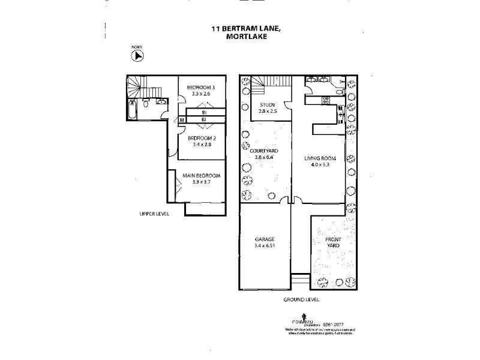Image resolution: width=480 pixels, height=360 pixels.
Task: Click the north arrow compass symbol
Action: (x=138, y=55)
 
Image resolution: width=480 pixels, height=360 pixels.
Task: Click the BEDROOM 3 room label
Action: (x=201, y=87)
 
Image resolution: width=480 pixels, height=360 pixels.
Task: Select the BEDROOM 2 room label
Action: (x=201, y=137)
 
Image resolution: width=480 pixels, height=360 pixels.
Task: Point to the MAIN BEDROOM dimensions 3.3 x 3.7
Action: (x=202, y=182)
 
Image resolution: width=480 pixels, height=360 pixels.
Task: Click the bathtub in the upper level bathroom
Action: (x=132, y=112)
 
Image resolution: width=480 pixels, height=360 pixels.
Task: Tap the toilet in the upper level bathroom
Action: (x=146, y=104)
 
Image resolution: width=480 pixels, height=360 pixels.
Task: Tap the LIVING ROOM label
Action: (x=320, y=158)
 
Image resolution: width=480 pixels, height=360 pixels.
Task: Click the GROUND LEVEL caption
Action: (x=302, y=299)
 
